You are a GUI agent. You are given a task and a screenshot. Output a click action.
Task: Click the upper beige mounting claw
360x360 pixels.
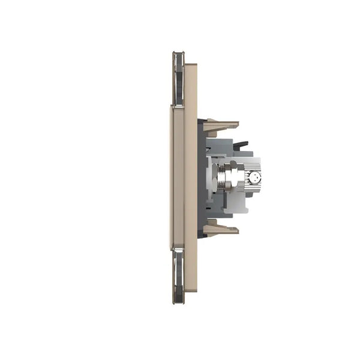[x=220, y=126]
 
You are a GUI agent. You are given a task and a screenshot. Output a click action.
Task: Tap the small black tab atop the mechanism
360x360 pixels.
[x=241, y=145]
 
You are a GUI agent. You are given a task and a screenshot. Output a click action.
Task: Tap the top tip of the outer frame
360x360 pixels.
[x=178, y=54]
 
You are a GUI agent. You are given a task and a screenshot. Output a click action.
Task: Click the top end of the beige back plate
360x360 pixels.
[x=191, y=66]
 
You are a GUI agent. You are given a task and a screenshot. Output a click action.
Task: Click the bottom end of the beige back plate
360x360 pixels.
[x=191, y=294]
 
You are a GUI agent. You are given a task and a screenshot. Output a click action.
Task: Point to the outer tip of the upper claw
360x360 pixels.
[x=236, y=124]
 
